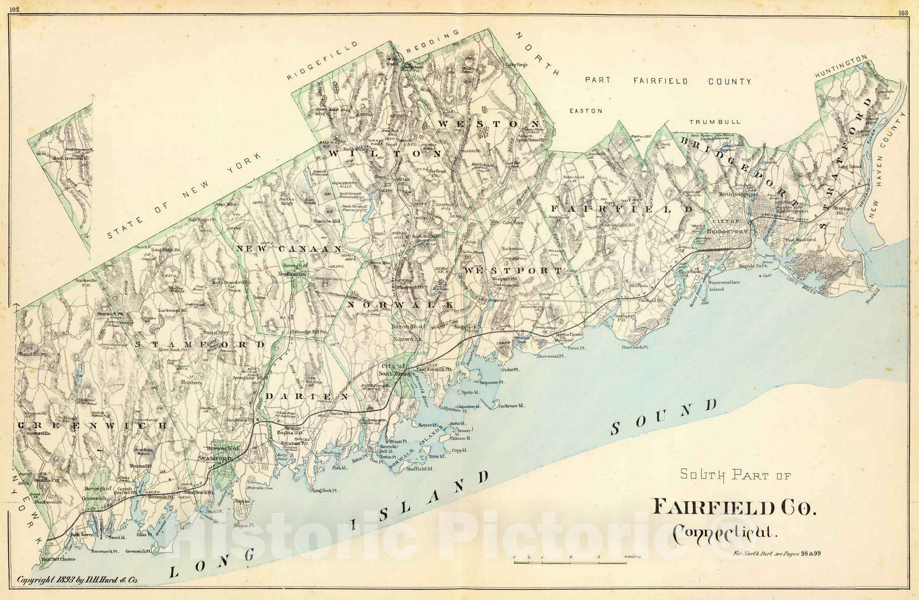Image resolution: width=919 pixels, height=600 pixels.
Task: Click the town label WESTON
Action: point(489,123)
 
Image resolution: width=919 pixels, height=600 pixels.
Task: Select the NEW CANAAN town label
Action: point(289,249)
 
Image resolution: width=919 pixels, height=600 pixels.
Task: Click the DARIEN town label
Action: point(307,397)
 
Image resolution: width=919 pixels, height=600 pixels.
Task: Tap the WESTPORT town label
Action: point(513,270)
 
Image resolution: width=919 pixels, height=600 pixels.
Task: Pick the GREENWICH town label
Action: point(92,425)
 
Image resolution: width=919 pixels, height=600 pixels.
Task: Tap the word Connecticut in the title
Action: point(723,533)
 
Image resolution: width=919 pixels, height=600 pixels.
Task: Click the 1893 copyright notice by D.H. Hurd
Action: point(78,580)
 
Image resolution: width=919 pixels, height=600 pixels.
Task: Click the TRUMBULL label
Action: point(715,122)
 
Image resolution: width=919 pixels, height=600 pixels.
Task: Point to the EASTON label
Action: point(585,110)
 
